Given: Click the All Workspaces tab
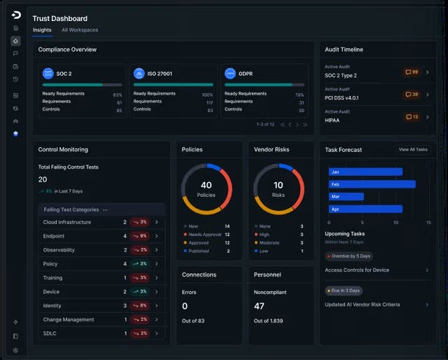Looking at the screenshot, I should coord(80,30).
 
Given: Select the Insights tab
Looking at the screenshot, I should coord(42,30).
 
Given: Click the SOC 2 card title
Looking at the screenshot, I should coord(64,73).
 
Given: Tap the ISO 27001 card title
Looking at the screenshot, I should coord(160,73).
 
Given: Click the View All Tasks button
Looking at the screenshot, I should coord(413,149).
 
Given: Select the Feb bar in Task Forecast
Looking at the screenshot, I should coord(372,184).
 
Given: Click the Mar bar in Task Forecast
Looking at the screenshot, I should coord(346,197).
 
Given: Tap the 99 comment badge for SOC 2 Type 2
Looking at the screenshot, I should coord(411,72).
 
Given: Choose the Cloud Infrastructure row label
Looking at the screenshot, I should coord(67,222).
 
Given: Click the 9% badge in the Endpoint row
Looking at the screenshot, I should coord(139,236).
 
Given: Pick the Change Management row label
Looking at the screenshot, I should coord(69,319).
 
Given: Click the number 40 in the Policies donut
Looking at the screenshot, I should coord(206,186).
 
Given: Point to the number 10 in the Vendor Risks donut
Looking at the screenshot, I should coord(278,186).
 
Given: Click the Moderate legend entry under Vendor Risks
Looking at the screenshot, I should coord(270,242).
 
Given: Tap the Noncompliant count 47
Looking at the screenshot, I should coord(259,306).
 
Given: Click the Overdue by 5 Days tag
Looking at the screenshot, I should coord(349,256).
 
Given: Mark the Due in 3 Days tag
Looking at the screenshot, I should coord(345,290).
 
